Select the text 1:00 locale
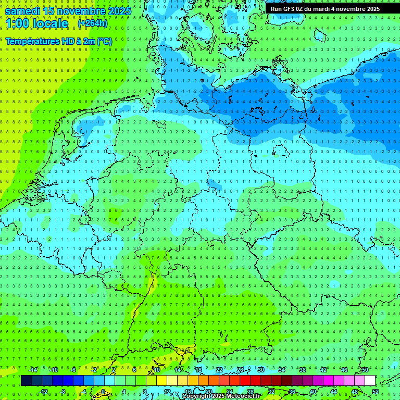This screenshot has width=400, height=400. [x=36, y=23]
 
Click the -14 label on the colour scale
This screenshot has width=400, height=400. [x=33, y=370]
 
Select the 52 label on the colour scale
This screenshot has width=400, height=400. [x=376, y=392]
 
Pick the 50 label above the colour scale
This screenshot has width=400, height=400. [x=365, y=370]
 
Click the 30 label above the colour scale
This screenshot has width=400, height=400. [x=260, y=370]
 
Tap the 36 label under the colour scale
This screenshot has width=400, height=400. [x=292, y=392]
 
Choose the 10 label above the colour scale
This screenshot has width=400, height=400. [x=156, y=370]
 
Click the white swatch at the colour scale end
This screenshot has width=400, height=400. [x=370, y=381]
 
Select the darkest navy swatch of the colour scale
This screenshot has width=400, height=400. [x=26, y=381]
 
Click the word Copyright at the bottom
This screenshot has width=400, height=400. [x=196, y=396]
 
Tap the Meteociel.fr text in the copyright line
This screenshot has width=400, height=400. [x=243, y=396]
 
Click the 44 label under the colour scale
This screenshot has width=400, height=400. [x=333, y=392]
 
